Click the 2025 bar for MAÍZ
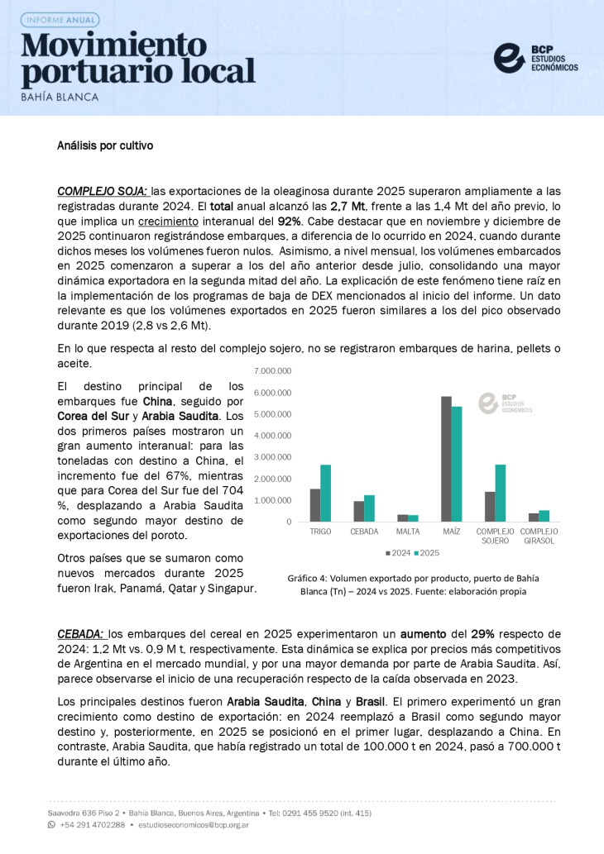[x=457, y=463]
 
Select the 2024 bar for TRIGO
[x=315, y=505]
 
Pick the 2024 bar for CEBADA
[x=358, y=511]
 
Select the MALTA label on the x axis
[x=408, y=531]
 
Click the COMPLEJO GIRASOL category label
[x=539, y=536]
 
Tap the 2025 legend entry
[x=427, y=552]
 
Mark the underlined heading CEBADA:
[x=80, y=634]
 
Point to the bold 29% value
[x=482, y=634]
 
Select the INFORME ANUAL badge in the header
[x=60, y=19]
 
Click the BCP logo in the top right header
[x=535, y=57]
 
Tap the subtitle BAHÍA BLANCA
[x=60, y=97]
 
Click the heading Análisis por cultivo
[x=105, y=146]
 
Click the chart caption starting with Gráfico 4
[x=407, y=584]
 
